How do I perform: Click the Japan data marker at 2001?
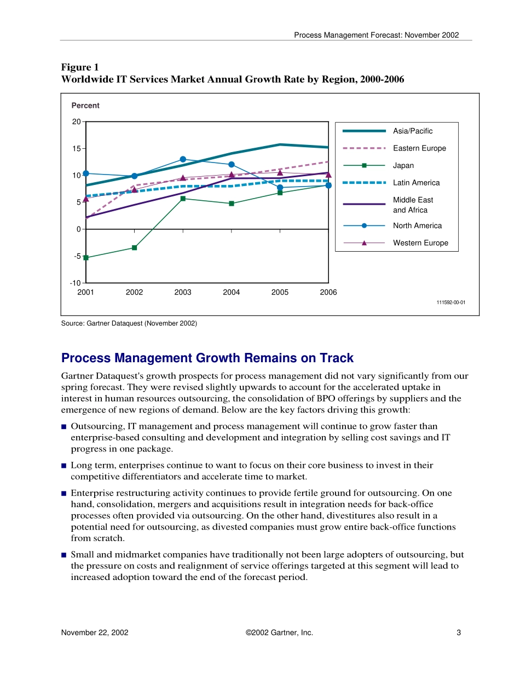pos(86,258)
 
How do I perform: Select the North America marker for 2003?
pos(183,159)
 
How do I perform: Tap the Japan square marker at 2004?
pos(232,204)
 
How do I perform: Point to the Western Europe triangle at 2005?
pos(280,172)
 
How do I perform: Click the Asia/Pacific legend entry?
pos(412,131)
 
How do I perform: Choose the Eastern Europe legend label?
pos(419,148)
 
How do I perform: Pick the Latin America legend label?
pos(416,183)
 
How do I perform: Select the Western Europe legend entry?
pos(420,243)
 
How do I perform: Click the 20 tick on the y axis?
pos(77,121)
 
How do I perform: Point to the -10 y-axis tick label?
pos(75,283)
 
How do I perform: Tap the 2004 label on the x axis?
pos(232,293)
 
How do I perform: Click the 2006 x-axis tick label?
pos(328,293)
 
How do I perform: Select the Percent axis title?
pos(85,106)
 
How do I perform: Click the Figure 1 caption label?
pos(80,67)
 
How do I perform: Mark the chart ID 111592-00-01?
pos(451,302)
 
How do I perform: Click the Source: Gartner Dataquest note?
pos(129,323)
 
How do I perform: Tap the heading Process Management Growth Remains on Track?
pos(207,358)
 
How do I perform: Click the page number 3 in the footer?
pos(459,633)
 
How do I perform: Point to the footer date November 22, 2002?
pos(95,633)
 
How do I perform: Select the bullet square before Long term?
pos(64,466)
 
